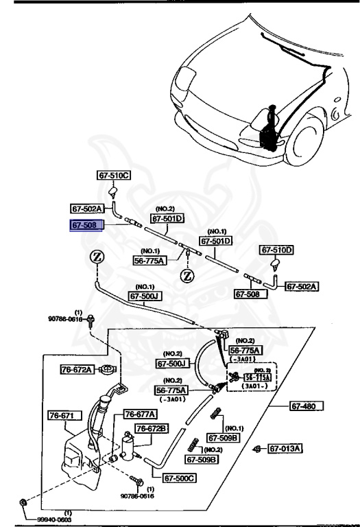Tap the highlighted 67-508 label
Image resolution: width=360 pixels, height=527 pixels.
(87, 224)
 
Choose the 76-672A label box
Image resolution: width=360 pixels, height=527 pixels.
(75, 370)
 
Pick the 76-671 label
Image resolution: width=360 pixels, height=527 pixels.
(64, 415)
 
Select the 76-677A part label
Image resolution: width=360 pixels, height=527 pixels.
(141, 414)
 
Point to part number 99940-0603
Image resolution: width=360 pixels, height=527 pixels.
(53, 519)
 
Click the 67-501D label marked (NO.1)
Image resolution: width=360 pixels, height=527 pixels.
(216, 241)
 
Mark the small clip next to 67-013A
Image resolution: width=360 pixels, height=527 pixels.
(256, 449)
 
